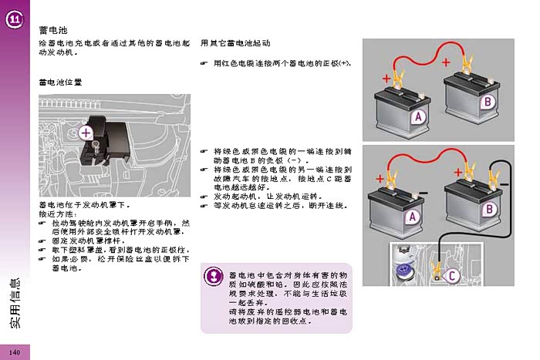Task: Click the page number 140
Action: (x=14, y=352)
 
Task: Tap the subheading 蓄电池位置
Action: (x=60, y=81)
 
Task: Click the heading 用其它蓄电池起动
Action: (x=235, y=43)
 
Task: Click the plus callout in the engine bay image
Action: (x=86, y=133)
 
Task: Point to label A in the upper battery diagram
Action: (x=417, y=117)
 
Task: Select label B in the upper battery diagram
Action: (x=488, y=101)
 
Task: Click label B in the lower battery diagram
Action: (x=488, y=209)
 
